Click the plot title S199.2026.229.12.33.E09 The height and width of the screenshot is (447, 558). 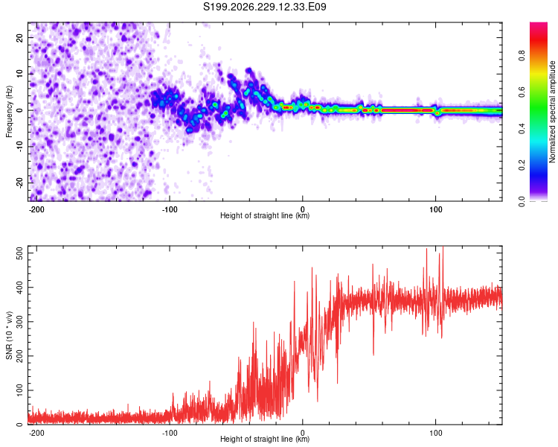(x=264, y=7)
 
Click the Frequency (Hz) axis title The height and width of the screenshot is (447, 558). (x=9, y=112)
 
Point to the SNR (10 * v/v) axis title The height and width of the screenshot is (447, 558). (x=9, y=335)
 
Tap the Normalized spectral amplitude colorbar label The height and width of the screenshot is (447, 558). (x=552, y=112)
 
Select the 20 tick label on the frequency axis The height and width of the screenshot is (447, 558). (x=19, y=37)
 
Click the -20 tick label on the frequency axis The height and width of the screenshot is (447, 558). (x=19, y=183)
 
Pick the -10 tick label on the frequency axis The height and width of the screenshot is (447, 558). (x=19, y=147)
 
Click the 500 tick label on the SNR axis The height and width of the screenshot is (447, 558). (x=19, y=253)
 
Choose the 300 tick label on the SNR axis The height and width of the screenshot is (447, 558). (x=19, y=322)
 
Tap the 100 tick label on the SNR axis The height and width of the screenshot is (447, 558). (x=19, y=390)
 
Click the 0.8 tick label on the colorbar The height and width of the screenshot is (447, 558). (x=522, y=56)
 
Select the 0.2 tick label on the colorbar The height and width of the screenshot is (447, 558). (x=522, y=165)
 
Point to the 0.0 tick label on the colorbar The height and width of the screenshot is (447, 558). (x=522, y=201)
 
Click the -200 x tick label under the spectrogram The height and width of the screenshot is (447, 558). (x=36, y=209)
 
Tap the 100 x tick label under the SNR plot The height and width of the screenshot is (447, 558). (x=435, y=433)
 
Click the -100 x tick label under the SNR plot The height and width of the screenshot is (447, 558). (x=170, y=433)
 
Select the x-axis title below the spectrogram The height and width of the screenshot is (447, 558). (x=265, y=215)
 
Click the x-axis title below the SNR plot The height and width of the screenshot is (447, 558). (x=265, y=439)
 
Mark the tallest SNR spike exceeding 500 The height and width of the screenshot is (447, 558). (x=443, y=247)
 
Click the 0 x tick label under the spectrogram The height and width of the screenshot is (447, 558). (x=303, y=209)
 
